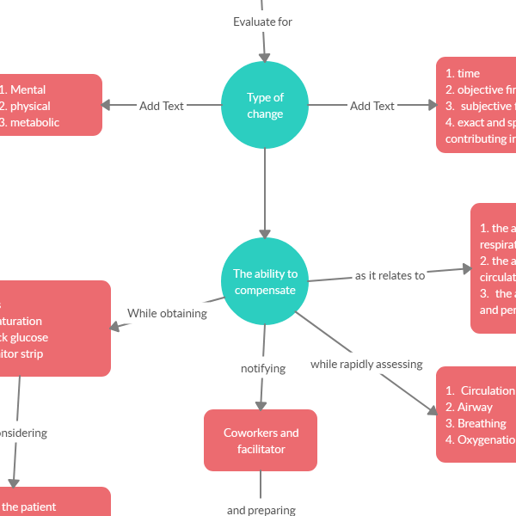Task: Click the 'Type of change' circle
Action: (265, 106)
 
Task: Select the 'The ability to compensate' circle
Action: (265, 282)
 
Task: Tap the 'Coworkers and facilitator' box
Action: (261, 440)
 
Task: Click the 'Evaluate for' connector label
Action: (263, 21)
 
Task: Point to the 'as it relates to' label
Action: (390, 276)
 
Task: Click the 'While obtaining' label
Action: (167, 314)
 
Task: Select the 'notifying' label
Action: (262, 368)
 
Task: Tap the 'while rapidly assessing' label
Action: (366, 365)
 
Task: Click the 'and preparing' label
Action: (261, 510)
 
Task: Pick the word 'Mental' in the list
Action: (28, 89)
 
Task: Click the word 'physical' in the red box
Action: (30, 106)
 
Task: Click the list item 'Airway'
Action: (475, 407)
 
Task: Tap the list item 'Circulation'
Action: (487, 390)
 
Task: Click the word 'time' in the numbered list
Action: (469, 73)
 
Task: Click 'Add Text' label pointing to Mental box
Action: (162, 106)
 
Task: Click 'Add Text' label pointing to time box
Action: (372, 106)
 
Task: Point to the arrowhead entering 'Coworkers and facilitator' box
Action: (261, 403)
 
